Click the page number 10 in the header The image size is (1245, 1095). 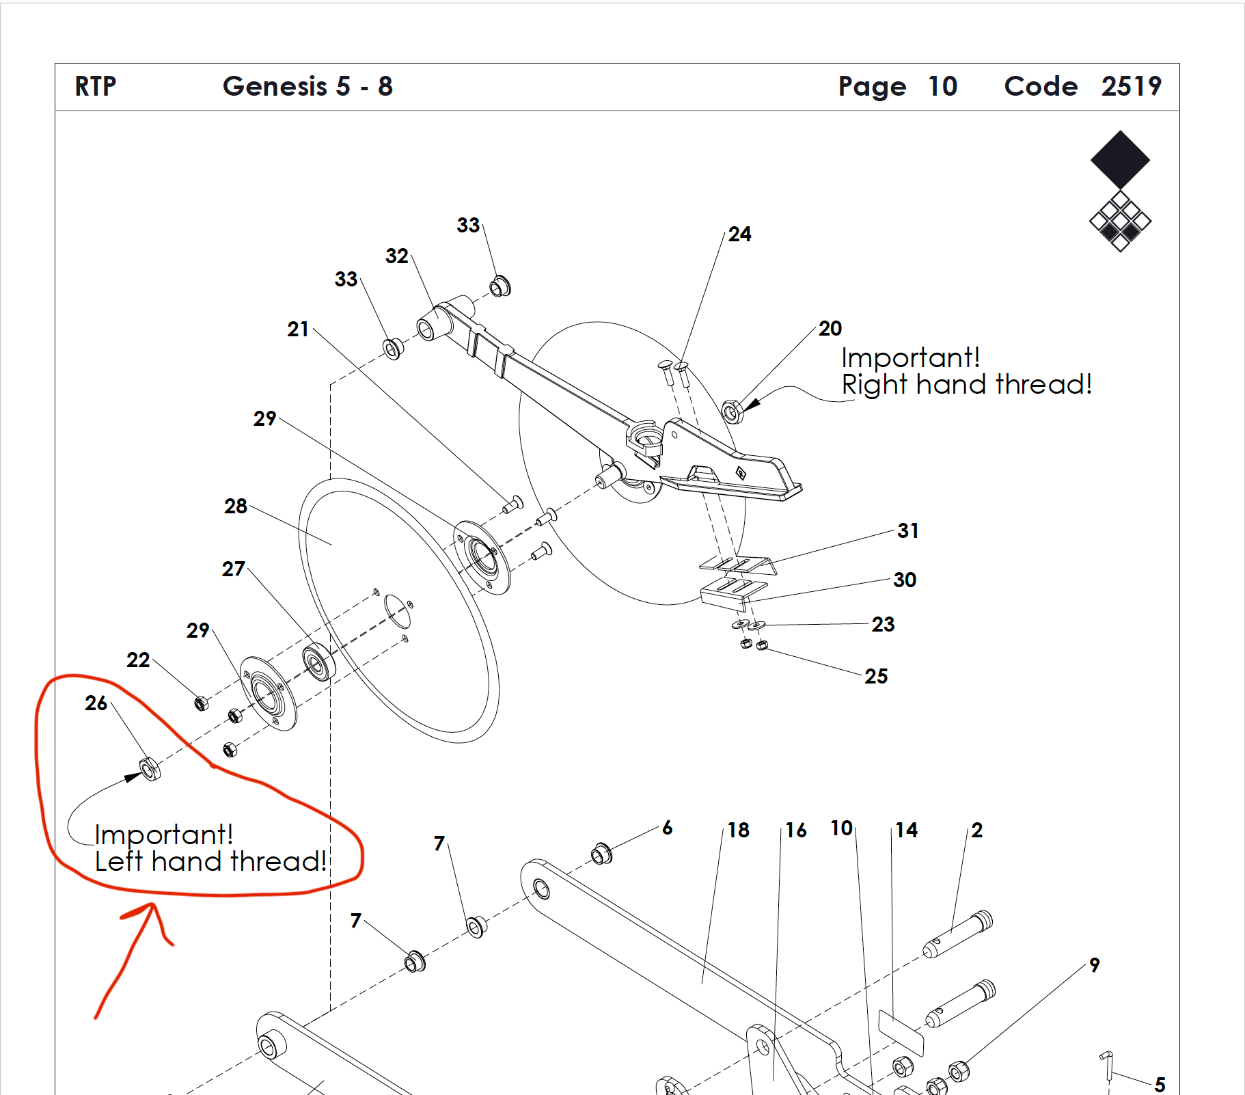942,87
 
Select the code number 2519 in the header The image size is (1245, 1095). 1131,87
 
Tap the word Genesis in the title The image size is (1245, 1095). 275,87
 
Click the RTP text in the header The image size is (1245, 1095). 96,87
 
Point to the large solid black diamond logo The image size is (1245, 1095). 1120,160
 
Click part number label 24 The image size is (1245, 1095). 739,234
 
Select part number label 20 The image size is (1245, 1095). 830,329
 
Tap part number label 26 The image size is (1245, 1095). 96,703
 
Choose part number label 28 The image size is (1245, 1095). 236,506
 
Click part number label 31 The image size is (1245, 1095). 908,531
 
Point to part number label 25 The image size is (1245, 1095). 876,677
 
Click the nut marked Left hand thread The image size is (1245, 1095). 150,769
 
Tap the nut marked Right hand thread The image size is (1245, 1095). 732,411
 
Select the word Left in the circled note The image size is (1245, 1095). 119,861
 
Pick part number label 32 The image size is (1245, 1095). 397,256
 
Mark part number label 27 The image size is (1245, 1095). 234,569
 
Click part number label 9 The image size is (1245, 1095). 1095,965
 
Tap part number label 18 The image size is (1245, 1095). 739,830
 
